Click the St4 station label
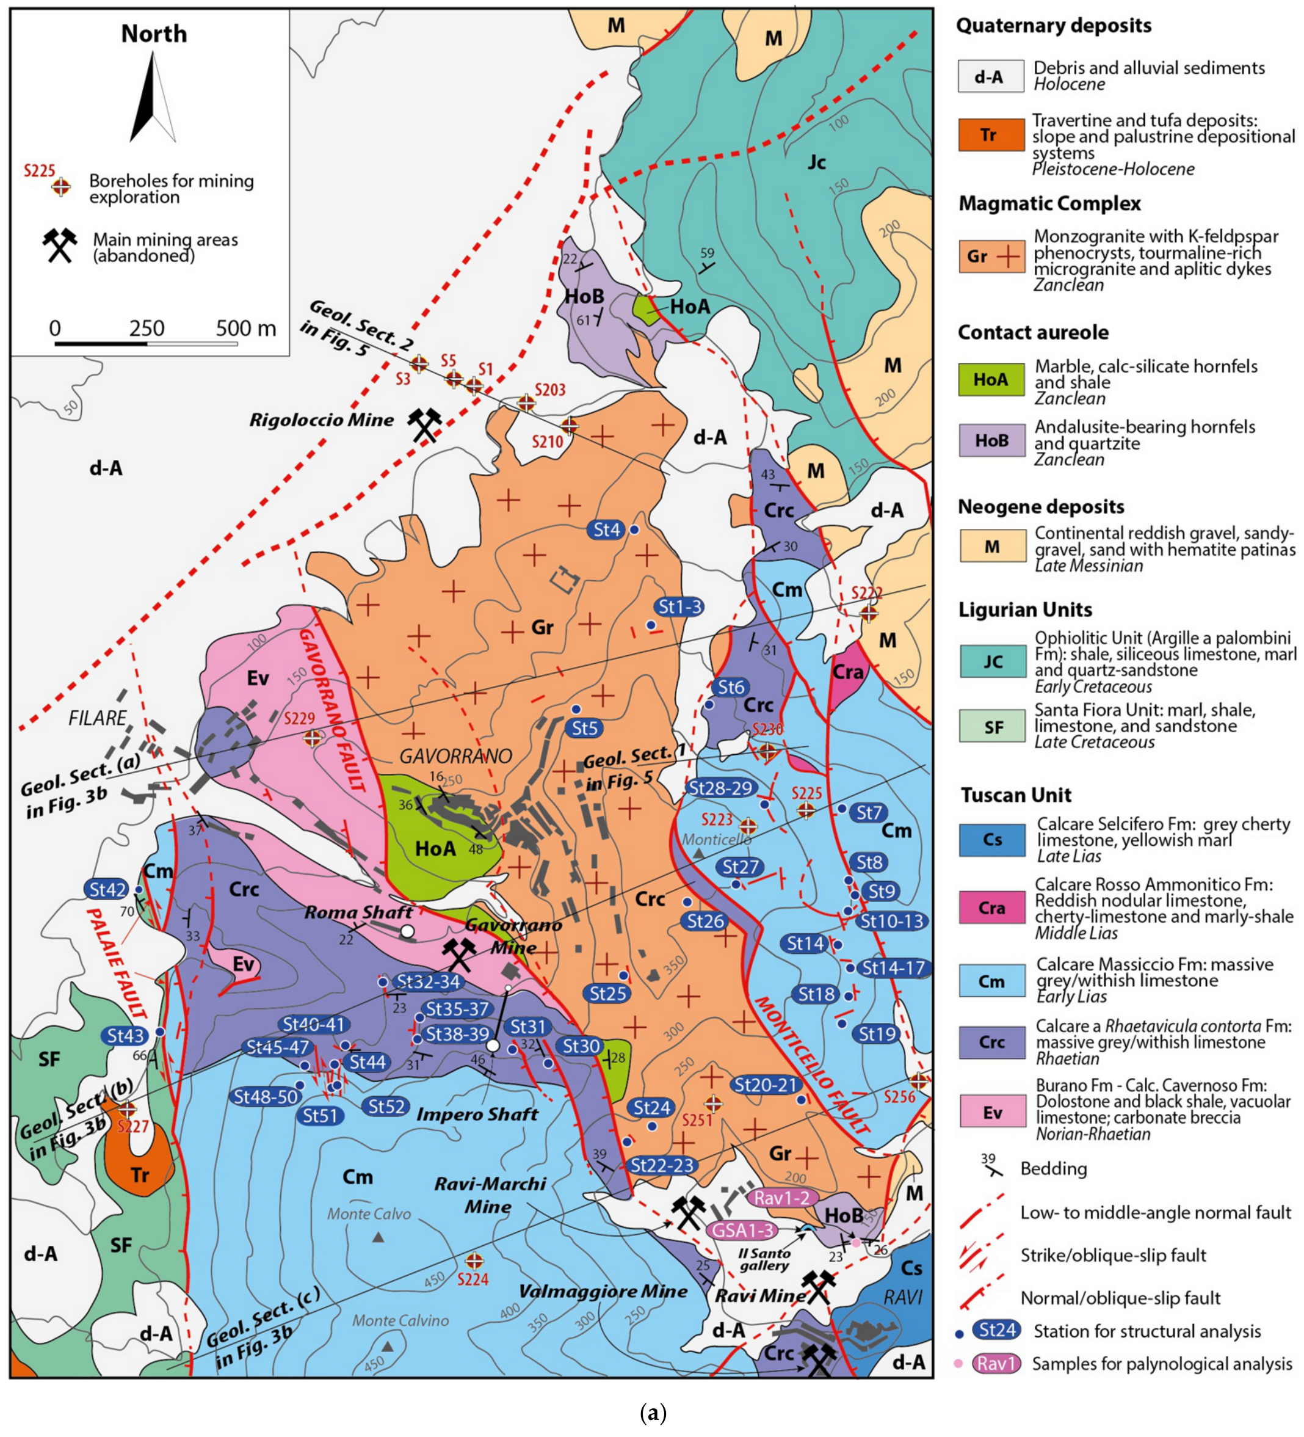[606, 529]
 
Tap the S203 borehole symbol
[526, 402]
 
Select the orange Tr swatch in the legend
[989, 136]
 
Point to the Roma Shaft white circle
[407, 931]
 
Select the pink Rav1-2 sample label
[781, 1198]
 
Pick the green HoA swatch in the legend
[990, 380]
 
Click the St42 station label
[107, 890]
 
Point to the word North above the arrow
[154, 34]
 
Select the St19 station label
[876, 1033]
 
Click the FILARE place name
[98, 718]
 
